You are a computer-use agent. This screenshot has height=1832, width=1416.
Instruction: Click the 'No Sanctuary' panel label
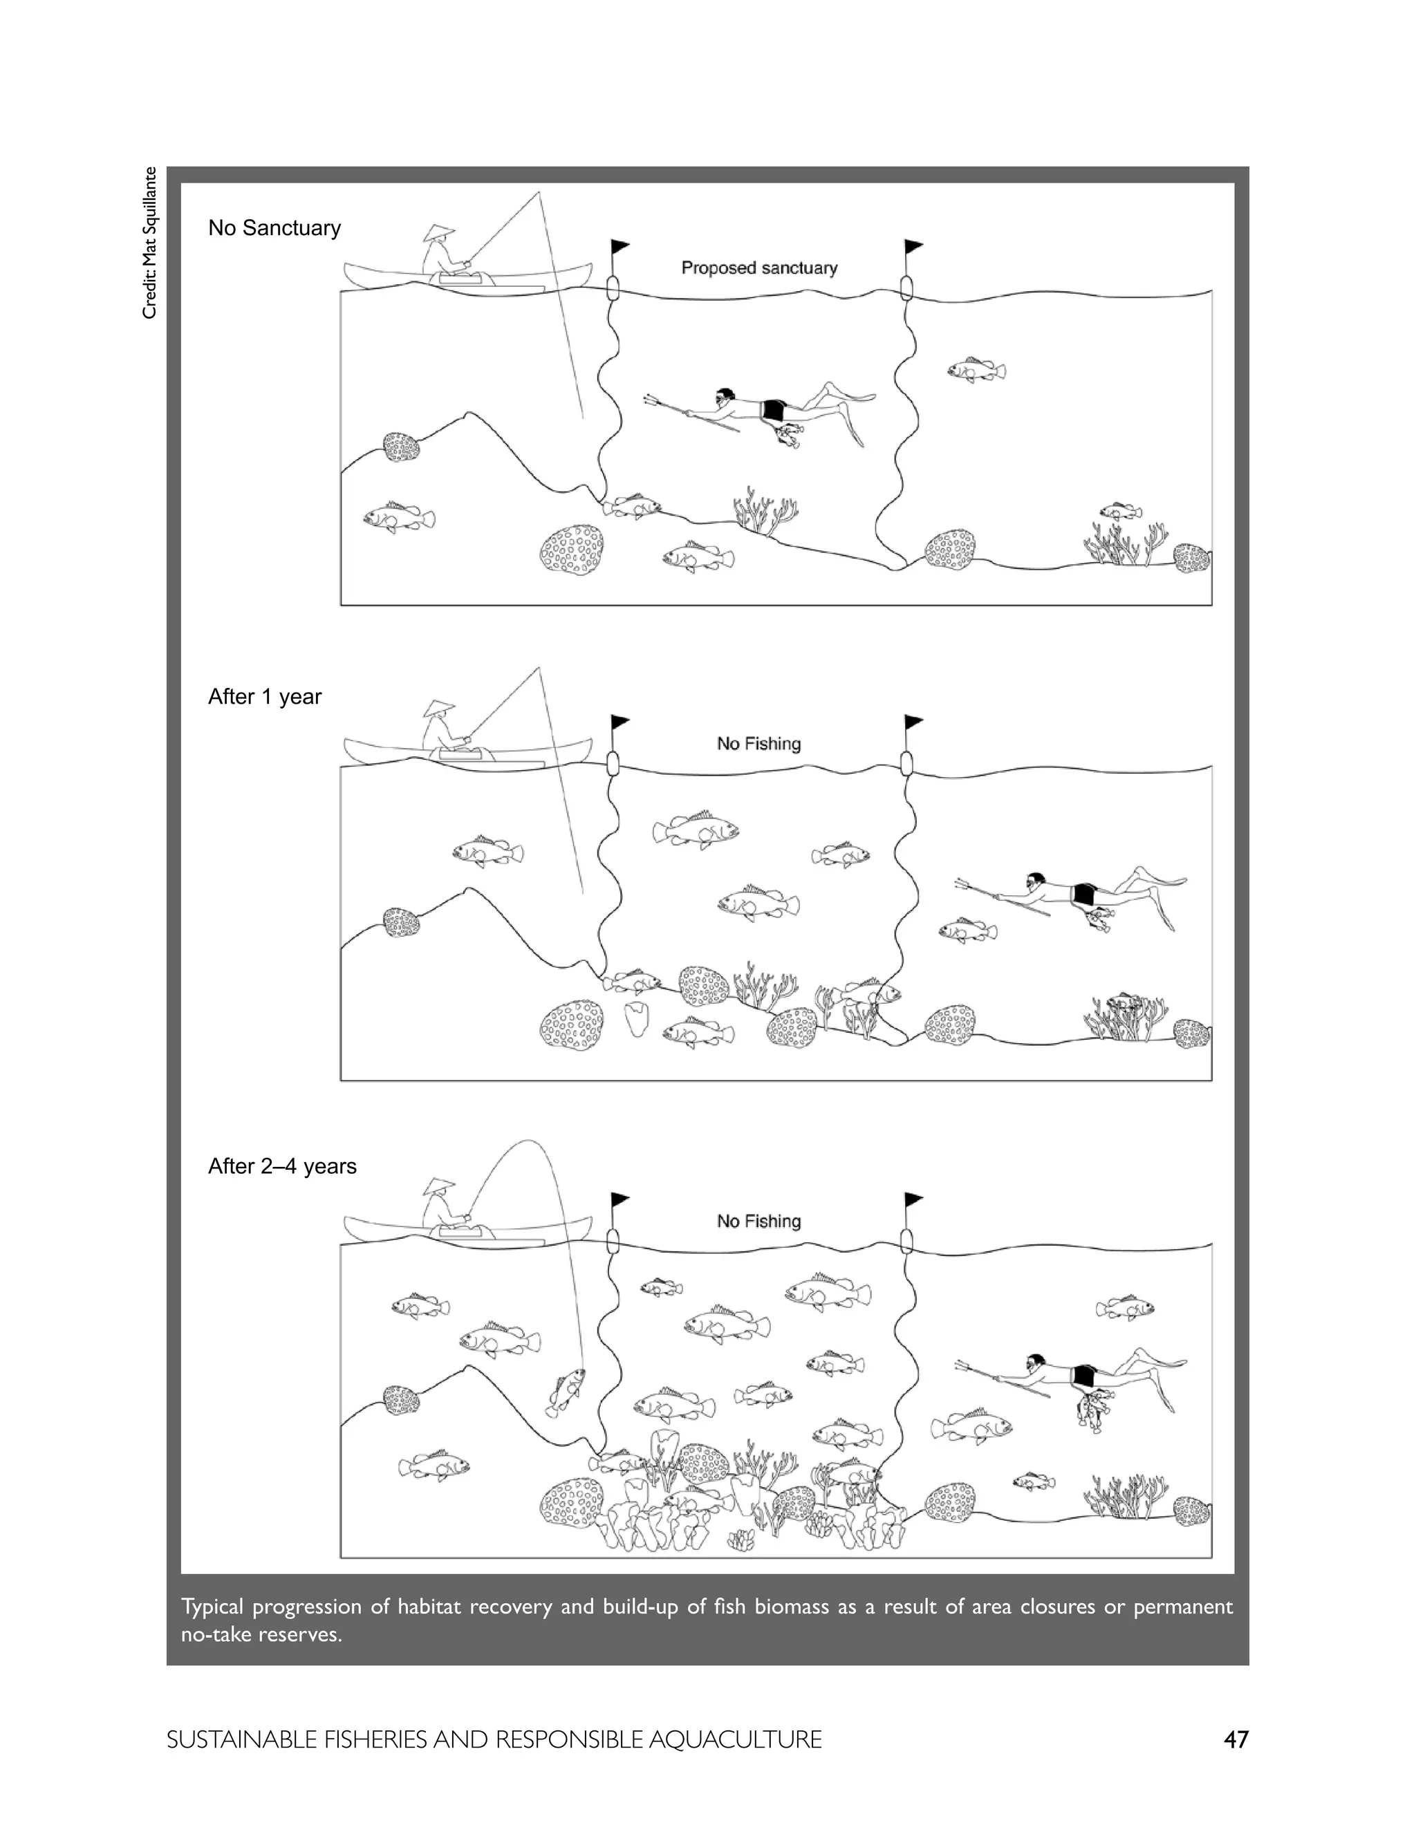274,228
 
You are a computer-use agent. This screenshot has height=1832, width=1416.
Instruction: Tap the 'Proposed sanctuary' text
758,268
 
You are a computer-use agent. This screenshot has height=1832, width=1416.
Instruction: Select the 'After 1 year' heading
264,697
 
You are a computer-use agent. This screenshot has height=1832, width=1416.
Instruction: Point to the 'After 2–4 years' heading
282,1167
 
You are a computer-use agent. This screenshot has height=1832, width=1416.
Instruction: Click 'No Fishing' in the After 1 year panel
758,744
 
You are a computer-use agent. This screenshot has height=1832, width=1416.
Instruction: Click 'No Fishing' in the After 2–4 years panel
758,1222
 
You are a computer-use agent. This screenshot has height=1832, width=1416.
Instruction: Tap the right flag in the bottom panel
913,1199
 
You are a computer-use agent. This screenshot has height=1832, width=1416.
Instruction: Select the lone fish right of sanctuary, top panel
976,369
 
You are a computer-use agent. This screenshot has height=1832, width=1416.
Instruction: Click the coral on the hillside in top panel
401,447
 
